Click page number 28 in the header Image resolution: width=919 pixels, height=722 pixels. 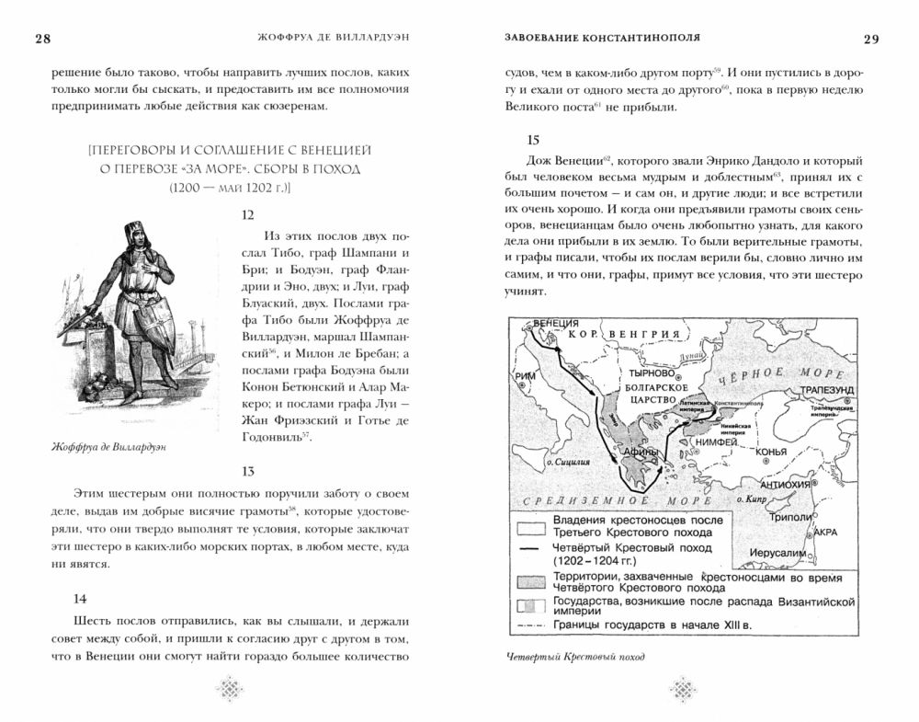coord(42,38)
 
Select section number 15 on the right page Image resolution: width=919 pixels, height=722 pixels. coord(533,141)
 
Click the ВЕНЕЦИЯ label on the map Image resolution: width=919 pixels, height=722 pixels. coord(555,325)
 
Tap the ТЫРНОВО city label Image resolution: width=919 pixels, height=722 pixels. coord(647,376)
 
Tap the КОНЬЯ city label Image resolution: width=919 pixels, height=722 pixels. coord(768,452)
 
